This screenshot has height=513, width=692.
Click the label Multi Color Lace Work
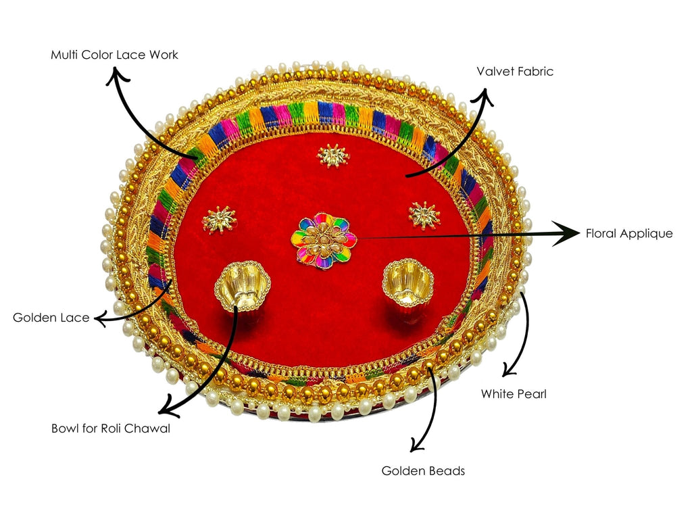(114, 55)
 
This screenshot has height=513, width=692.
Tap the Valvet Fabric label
(514, 72)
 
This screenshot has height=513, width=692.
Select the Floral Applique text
(630, 234)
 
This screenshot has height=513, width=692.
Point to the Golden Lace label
(51, 318)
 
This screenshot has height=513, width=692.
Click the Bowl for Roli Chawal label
(111, 429)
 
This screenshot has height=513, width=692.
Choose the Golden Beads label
(423, 471)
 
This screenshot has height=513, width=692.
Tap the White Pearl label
(514, 393)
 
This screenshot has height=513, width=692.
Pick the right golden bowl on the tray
(407, 284)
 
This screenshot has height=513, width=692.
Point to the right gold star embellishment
(424, 215)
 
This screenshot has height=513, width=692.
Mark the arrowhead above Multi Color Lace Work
(119, 76)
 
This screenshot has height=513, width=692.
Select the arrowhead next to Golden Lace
(101, 318)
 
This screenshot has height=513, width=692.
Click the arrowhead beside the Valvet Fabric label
(485, 97)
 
